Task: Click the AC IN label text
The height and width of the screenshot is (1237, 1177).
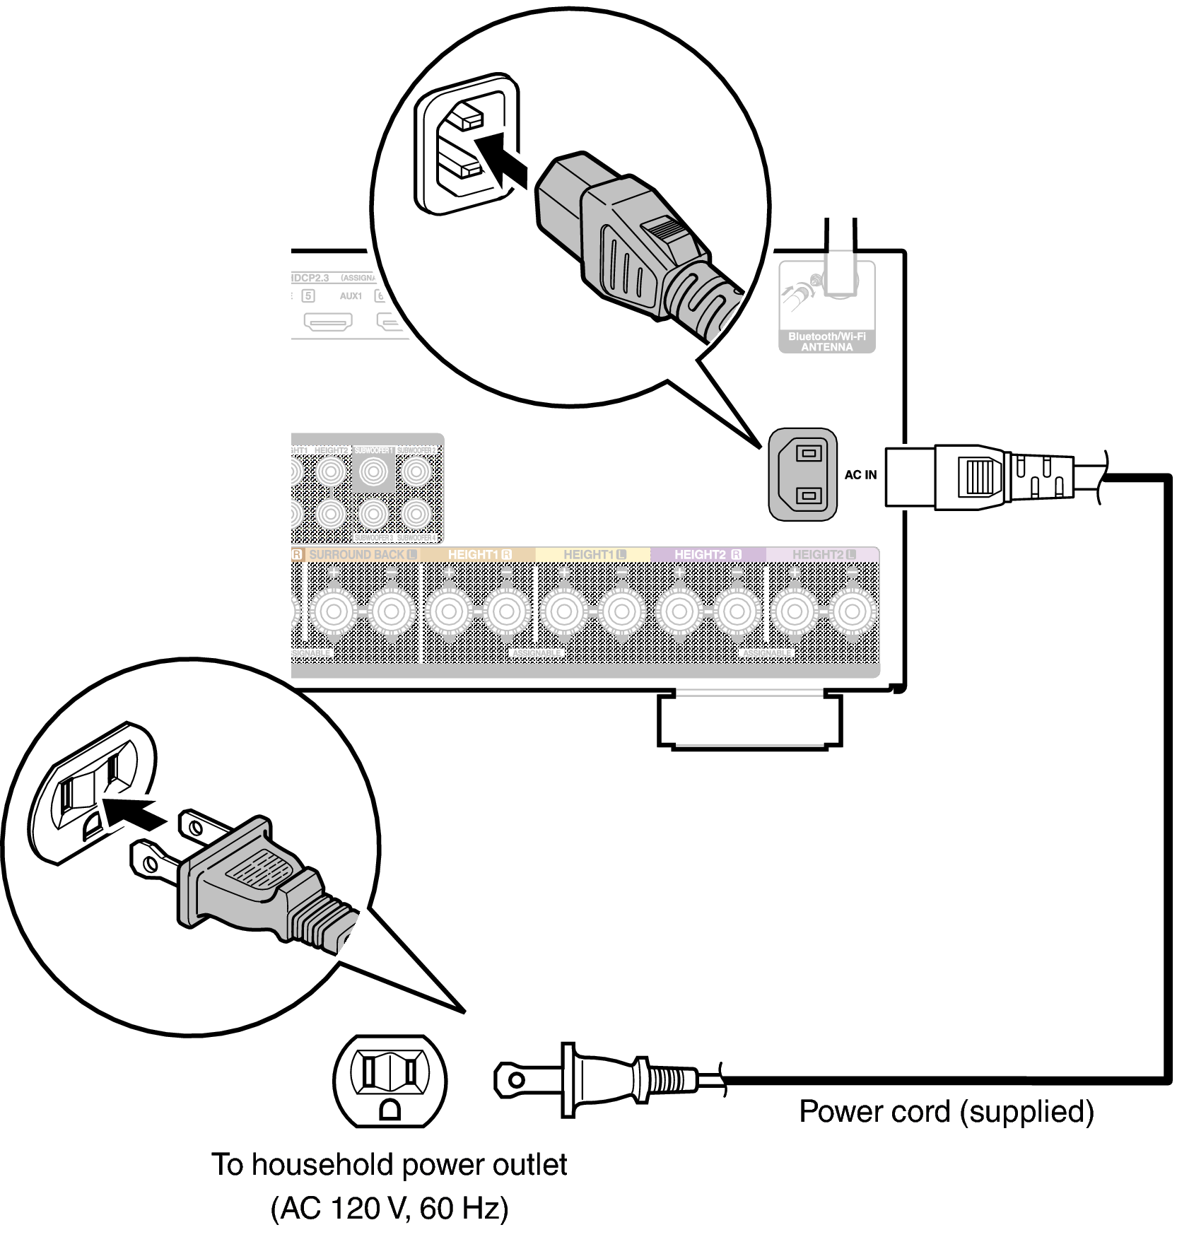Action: click(860, 475)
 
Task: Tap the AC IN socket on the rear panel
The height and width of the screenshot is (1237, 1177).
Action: click(803, 474)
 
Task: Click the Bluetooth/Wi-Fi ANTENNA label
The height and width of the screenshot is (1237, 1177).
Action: click(826, 342)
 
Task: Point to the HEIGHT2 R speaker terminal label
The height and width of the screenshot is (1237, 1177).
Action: click(708, 555)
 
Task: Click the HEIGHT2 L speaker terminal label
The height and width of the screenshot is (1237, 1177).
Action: click(824, 555)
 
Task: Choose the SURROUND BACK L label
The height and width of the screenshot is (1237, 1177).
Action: click(363, 555)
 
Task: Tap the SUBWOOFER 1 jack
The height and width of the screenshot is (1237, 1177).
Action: click(375, 470)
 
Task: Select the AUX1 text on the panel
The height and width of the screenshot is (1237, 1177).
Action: click(351, 296)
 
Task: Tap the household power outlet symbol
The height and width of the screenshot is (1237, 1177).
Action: click(390, 1081)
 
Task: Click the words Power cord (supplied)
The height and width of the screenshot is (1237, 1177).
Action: click(946, 1112)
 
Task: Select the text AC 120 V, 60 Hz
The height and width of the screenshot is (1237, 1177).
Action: click(390, 1209)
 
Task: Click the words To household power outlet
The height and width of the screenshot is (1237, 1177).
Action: click(390, 1165)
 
